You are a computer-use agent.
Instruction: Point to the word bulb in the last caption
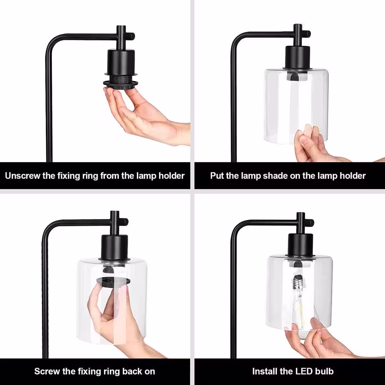(324, 371)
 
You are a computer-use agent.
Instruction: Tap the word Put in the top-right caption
(217, 176)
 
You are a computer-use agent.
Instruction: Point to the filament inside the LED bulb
(300, 311)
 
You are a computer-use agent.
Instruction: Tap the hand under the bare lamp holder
(145, 115)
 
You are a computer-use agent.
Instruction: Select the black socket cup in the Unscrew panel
(121, 63)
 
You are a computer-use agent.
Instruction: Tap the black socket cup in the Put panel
(297, 58)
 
